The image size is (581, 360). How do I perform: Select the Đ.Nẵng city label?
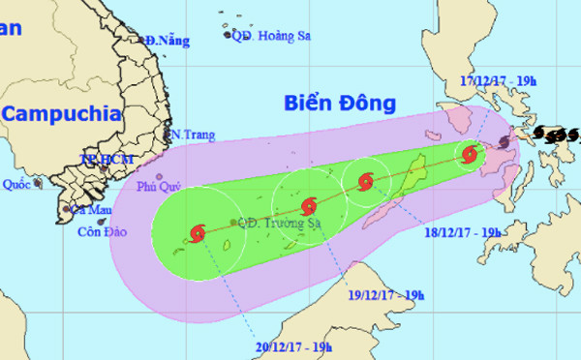[166, 41]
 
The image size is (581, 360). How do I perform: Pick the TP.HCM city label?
[100, 158]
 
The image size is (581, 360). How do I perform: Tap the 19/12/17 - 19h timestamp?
[385, 293]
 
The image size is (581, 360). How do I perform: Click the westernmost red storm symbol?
[199, 232]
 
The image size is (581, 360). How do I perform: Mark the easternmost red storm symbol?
[470, 154]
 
